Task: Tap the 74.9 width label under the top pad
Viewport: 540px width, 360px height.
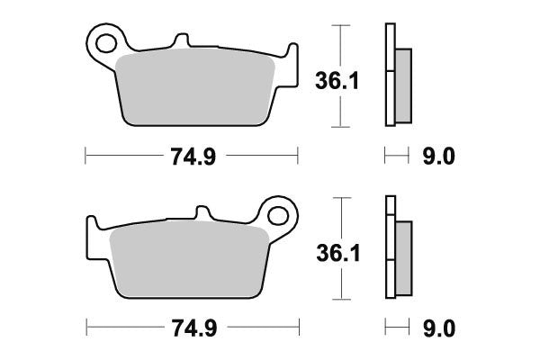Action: tap(191, 157)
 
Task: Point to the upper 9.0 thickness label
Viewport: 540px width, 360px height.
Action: tap(439, 157)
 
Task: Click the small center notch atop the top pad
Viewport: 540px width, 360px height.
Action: tap(183, 42)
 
